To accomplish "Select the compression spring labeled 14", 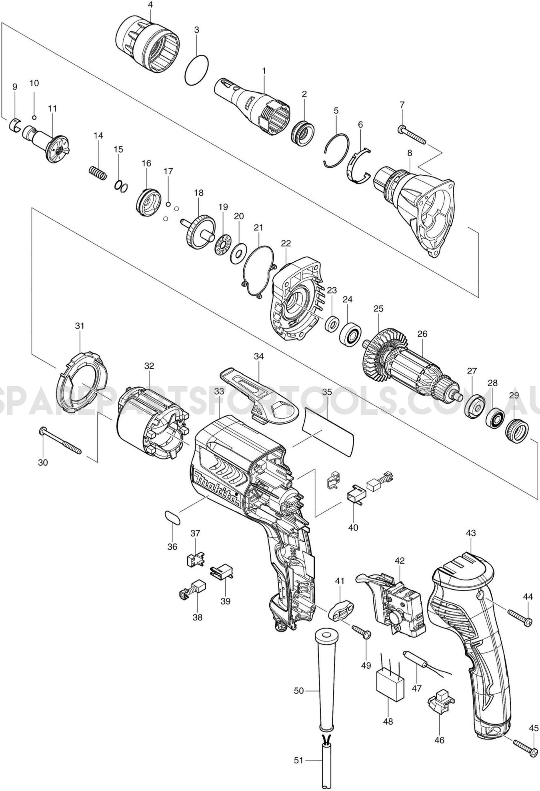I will pyautogui.click(x=98, y=173).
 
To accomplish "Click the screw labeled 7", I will pyautogui.click(x=412, y=135).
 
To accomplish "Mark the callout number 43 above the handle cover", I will pyautogui.click(x=471, y=533).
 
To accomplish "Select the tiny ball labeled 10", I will pyautogui.click(x=34, y=117).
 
